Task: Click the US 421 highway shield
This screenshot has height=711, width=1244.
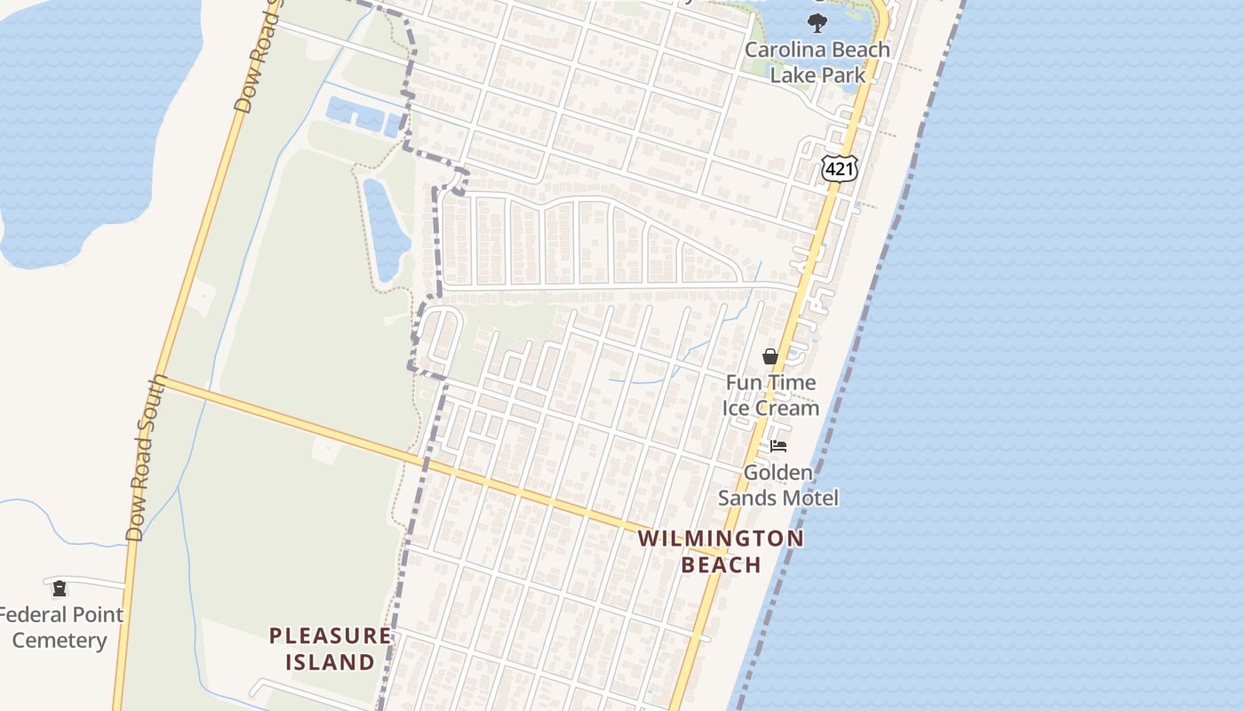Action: tap(839, 167)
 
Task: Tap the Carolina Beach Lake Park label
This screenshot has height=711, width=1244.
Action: tap(817, 62)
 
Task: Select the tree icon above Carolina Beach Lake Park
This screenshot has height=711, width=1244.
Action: tap(817, 23)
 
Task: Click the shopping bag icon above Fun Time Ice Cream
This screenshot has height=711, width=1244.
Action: tap(770, 356)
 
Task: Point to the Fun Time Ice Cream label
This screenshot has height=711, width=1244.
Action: tap(770, 395)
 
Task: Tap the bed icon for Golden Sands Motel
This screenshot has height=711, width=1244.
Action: tap(778, 445)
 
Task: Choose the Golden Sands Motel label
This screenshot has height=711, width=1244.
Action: tap(777, 485)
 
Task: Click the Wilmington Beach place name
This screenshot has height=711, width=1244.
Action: tap(721, 551)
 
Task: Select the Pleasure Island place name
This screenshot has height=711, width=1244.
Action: tap(330, 649)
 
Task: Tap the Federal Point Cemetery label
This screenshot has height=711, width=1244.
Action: tap(60, 627)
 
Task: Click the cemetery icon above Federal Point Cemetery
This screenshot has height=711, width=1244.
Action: tap(60, 588)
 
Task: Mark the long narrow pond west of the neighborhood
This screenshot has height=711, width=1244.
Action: tap(386, 229)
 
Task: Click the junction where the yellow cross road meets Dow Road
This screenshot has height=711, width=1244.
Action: tap(160, 380)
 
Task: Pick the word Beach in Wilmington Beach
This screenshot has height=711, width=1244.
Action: tap(721, 564)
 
